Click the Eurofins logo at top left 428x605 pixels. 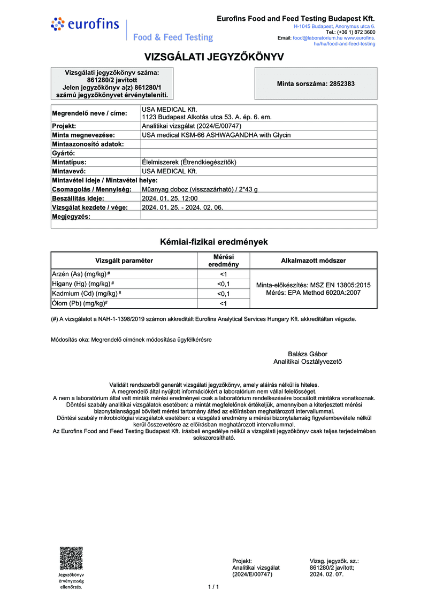78,24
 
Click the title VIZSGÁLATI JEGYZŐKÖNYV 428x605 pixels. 214,57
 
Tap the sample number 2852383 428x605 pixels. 316,84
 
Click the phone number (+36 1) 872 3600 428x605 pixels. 353,32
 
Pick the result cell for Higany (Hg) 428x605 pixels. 223,284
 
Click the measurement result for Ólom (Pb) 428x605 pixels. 223,304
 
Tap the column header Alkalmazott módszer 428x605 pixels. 313,261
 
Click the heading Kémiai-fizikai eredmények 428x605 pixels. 214,242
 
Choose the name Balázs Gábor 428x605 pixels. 307,354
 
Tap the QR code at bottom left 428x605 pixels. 71,558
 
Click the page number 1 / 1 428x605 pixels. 213,587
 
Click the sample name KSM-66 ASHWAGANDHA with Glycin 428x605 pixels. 216,135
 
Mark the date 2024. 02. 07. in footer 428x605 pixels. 326,574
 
